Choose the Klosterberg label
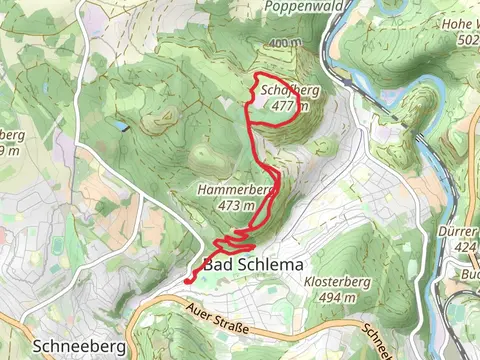pos(334,283)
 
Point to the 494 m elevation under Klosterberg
pos(334,298)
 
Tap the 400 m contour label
pos(284,43)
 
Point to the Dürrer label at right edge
pos(459,229)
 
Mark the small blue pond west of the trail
pos(121,127)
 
